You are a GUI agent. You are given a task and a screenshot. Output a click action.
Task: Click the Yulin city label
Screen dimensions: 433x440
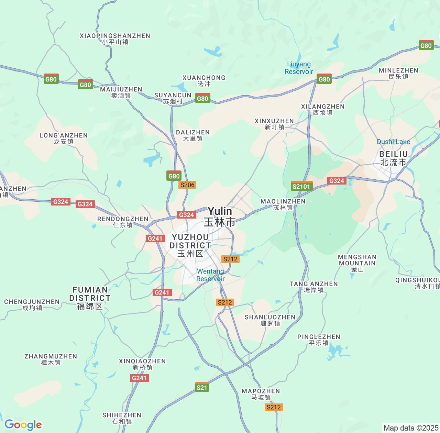(x=220, y=216)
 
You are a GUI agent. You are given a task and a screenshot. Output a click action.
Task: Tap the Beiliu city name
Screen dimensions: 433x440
(x=393, y=158)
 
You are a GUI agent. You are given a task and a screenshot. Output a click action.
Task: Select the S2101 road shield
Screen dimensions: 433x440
(x=301, y=187)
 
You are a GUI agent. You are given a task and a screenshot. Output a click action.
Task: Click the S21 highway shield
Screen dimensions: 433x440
(x=202, y=387)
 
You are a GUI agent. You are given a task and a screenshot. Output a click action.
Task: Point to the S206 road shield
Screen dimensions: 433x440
(x=187, y=185)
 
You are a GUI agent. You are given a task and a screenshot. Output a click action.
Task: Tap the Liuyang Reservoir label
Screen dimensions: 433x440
(x=299, y=68)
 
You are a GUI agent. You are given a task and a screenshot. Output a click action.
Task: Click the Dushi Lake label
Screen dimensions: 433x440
(x=393, y=142)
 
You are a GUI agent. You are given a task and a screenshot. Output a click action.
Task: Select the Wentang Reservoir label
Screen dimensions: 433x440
(x=210, y=275)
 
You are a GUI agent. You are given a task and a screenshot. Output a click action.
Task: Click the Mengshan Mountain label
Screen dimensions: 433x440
(x=357, y=263)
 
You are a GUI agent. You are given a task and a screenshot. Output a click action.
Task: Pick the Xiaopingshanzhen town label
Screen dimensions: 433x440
(x=115, y=38)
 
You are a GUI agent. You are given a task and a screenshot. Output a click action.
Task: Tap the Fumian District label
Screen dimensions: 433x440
(x=90, y=298)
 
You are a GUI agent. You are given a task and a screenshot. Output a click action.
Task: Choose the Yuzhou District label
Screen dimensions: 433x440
(x=190, y=245)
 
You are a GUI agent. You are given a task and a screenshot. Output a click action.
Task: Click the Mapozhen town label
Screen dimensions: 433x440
(x=261, y=394)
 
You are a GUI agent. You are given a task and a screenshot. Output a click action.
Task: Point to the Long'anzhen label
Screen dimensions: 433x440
(x=64, y=138)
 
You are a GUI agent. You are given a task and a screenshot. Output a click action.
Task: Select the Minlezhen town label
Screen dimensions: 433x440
(x=398, y=73)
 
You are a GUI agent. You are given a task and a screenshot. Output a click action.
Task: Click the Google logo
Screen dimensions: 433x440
(x=23, y=425)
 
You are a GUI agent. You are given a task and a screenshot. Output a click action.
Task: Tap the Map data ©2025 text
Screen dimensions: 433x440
(x=410, y=428)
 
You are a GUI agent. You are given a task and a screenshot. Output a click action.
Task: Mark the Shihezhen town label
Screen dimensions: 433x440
(x=122, y=418)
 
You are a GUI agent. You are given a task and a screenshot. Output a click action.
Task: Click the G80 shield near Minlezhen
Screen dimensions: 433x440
(x=426, y=45)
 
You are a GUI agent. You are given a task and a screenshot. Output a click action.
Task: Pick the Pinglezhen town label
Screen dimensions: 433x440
(x=319, y=340)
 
